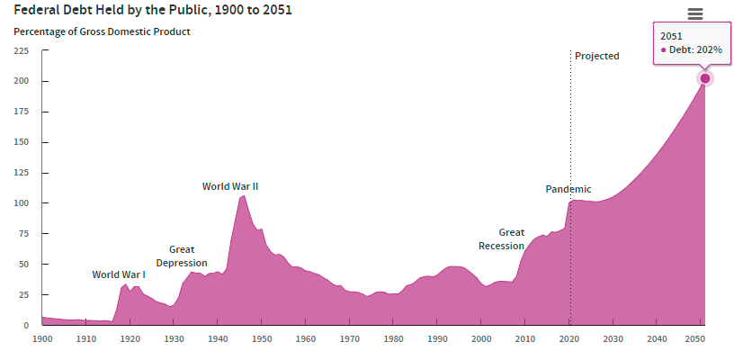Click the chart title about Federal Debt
152,11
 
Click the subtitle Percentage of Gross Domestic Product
102,31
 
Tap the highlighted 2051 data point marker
705,78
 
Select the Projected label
597,56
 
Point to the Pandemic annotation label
568,189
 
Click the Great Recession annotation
501,238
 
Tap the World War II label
230,186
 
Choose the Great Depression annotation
182,256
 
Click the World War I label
119,274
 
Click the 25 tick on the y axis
23,295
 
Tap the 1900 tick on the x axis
42,338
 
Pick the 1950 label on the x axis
262,338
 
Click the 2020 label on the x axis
568,338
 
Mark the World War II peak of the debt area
243,196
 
